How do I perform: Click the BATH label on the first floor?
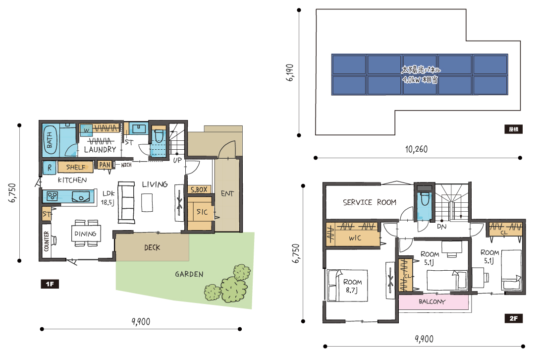(50, 140)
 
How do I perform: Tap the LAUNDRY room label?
(100, 150)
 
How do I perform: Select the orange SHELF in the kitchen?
(75, 167)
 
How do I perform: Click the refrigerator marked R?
(50, 168)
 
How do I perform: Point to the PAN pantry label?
(105, 165)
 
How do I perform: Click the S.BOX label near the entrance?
(199, 189)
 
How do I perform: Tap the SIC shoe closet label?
(202, 212)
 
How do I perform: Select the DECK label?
(152, 247)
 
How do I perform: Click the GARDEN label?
(189, 274)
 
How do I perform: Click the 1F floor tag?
(50, 284)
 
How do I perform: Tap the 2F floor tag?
(513, 318)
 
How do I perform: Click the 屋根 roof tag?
(513, 129)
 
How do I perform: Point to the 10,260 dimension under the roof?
(416, 149)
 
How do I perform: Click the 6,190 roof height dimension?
(290, 72)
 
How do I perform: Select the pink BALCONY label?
(432, 301)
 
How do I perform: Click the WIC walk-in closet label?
(355, 238)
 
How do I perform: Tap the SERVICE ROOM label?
(370, 202)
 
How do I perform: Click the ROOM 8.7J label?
(352, 286)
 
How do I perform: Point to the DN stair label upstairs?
(442, 227)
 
